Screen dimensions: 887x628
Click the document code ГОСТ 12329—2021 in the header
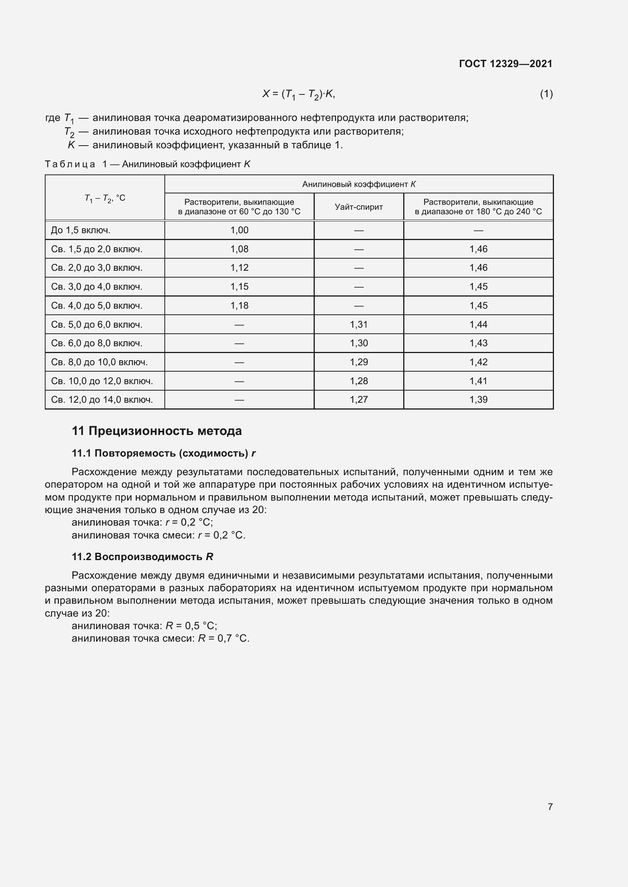click(505, 64)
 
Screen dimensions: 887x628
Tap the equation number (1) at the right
click(546, 94)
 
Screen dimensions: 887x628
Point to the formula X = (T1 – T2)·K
click(298, 94)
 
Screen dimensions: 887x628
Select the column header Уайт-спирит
click(358, 207)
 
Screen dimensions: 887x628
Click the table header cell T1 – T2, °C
click(105, 198)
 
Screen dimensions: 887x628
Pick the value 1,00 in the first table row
click(239, 230)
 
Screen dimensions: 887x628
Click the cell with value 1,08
click(239, 249)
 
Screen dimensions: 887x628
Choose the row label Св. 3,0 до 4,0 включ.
click(97, 287)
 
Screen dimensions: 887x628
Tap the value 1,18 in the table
click(239, 306)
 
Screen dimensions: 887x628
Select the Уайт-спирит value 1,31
click(358, 325)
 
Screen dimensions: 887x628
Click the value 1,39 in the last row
click(478, 399)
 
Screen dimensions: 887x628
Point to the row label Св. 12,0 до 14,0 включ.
click(102, 399)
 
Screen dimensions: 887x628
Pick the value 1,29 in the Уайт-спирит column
click(358, 362)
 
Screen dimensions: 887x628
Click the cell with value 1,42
click(478, 362)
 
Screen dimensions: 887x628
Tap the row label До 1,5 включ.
click(81, 230)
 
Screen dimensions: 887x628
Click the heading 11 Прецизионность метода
click(156, 431)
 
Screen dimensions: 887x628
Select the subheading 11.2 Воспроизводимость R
click(142, 557)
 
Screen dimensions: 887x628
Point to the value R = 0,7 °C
click(224, 638)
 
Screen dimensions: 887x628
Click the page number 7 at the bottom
click(550, 807)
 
